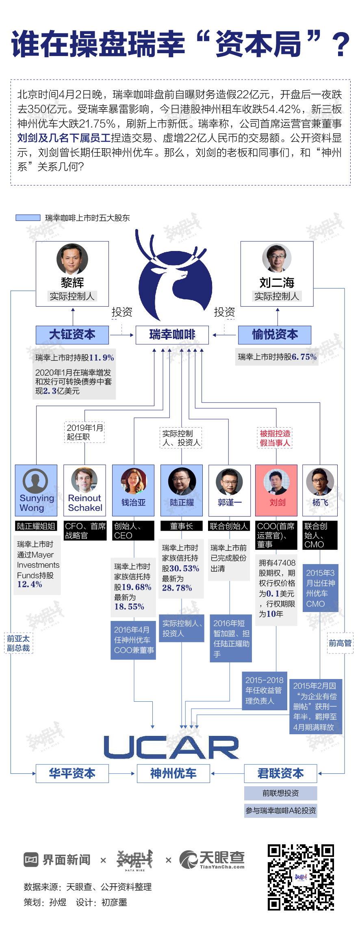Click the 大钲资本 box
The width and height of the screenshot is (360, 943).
tap(72, 335)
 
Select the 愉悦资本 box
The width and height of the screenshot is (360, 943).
tap(275, 335)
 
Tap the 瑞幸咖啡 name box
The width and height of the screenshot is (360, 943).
tap(172, 335)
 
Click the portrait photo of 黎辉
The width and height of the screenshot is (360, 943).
tap(72, 259)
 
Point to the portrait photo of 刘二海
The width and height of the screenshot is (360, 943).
tap(277, 258)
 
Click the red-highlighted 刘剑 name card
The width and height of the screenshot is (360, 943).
tap(277, 491)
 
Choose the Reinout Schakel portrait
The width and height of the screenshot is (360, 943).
tap(85, 480)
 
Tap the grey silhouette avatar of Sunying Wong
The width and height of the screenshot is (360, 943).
tap(35, 481)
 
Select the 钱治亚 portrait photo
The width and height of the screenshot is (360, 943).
tap(133, 481)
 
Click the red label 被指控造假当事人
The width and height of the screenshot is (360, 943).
tap(275, 438)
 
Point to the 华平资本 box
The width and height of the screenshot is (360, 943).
tap(72, 773)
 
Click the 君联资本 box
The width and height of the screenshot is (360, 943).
tap(280, 773)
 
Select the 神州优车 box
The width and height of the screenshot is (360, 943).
tap(173, 773)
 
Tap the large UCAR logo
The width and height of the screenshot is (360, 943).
tap(171, 747)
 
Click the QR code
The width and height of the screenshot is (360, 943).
tap(301, 877)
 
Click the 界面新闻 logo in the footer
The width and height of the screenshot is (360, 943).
tap(57, 860)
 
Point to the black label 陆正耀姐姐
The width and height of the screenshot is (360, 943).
tap(36, 526)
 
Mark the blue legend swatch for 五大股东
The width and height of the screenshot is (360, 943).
tap(28, 218)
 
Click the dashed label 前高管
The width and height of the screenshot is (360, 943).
tap(340, 643)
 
